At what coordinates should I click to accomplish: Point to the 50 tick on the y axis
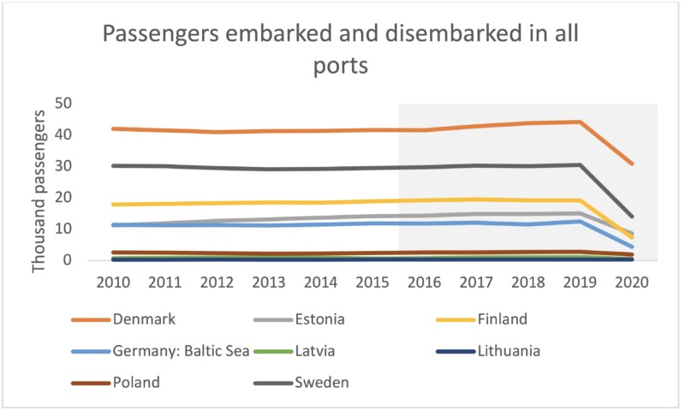point(85,104)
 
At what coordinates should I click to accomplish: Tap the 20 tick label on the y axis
point(85,198)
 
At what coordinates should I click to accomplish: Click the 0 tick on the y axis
point(90,260)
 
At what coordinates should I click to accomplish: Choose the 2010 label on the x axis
point(113,282)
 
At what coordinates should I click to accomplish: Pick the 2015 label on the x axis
point(372,282)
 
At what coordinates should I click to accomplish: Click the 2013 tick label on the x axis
point(269,282)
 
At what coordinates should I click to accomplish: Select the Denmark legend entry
point(144,319)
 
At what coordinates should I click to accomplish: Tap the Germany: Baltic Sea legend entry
point(181,350)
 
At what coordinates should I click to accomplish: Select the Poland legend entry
point(138,382)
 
